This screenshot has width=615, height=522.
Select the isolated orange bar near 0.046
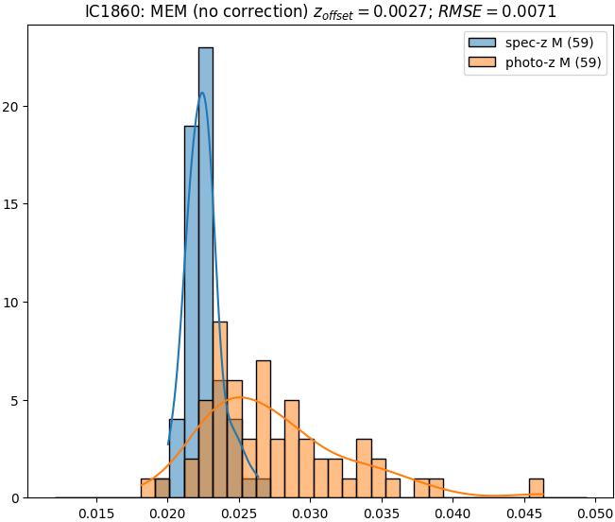(x=537, y=488)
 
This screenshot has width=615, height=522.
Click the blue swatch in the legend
(x=481, y=43)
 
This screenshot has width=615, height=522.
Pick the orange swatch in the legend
(x=481, y=63)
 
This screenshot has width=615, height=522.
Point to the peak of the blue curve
(x=202, y=93)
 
